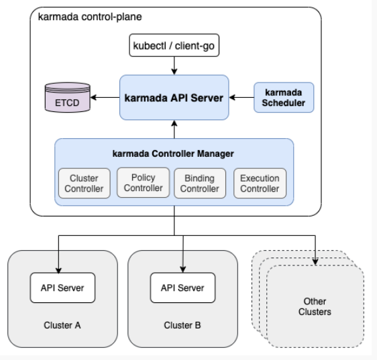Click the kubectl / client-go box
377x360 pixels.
coord(174,46)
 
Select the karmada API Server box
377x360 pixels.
coord(174,97)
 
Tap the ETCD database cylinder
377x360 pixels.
coord(68,97)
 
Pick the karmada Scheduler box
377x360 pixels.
coord(284,97)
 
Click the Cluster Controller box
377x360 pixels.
coord(84,183)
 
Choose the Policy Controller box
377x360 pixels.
coord(144,182)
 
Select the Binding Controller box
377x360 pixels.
coord(200,183)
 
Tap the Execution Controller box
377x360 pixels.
coord(260,183)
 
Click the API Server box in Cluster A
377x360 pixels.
coord(62,288)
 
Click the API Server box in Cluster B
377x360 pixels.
coord(182,288)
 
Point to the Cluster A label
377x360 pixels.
coord(62,325)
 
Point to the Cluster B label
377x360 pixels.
coord(182,325)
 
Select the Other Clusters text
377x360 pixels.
coord(315,306)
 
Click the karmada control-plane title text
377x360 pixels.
coord(90,17)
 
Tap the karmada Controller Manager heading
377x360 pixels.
coord(173,154)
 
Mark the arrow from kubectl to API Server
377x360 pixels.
coord(174,66)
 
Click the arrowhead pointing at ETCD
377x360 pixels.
coord(93,97)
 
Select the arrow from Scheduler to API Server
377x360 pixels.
coord(241,97)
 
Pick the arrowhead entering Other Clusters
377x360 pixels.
coord(315,261)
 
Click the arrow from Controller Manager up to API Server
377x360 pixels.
coord(174,129)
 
